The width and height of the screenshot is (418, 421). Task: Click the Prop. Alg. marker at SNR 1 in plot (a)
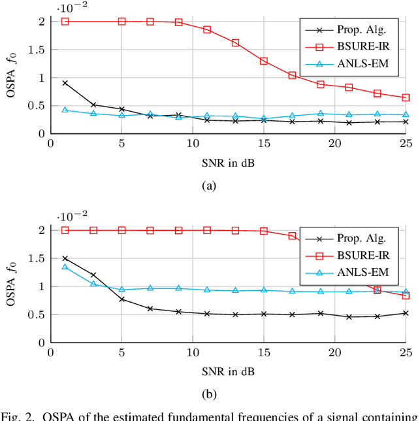click(x=65, y=83)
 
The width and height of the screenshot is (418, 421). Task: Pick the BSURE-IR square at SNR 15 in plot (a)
click(x=264, y=61)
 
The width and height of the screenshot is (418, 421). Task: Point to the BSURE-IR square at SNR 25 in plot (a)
click(x=406, y=97)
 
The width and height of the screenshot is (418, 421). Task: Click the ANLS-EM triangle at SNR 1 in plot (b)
click(x=65, y=267)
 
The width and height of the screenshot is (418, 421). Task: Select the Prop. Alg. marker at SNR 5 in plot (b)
click(x=121, y=299)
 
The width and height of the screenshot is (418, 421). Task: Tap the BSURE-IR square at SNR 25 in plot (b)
click(x=406, y=295)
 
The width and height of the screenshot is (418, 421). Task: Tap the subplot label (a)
click(x=208, y=186)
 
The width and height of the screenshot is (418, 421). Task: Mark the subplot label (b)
click(x=208, y=395)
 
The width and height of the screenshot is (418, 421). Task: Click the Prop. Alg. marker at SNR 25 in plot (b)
click(x=406, y=313)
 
